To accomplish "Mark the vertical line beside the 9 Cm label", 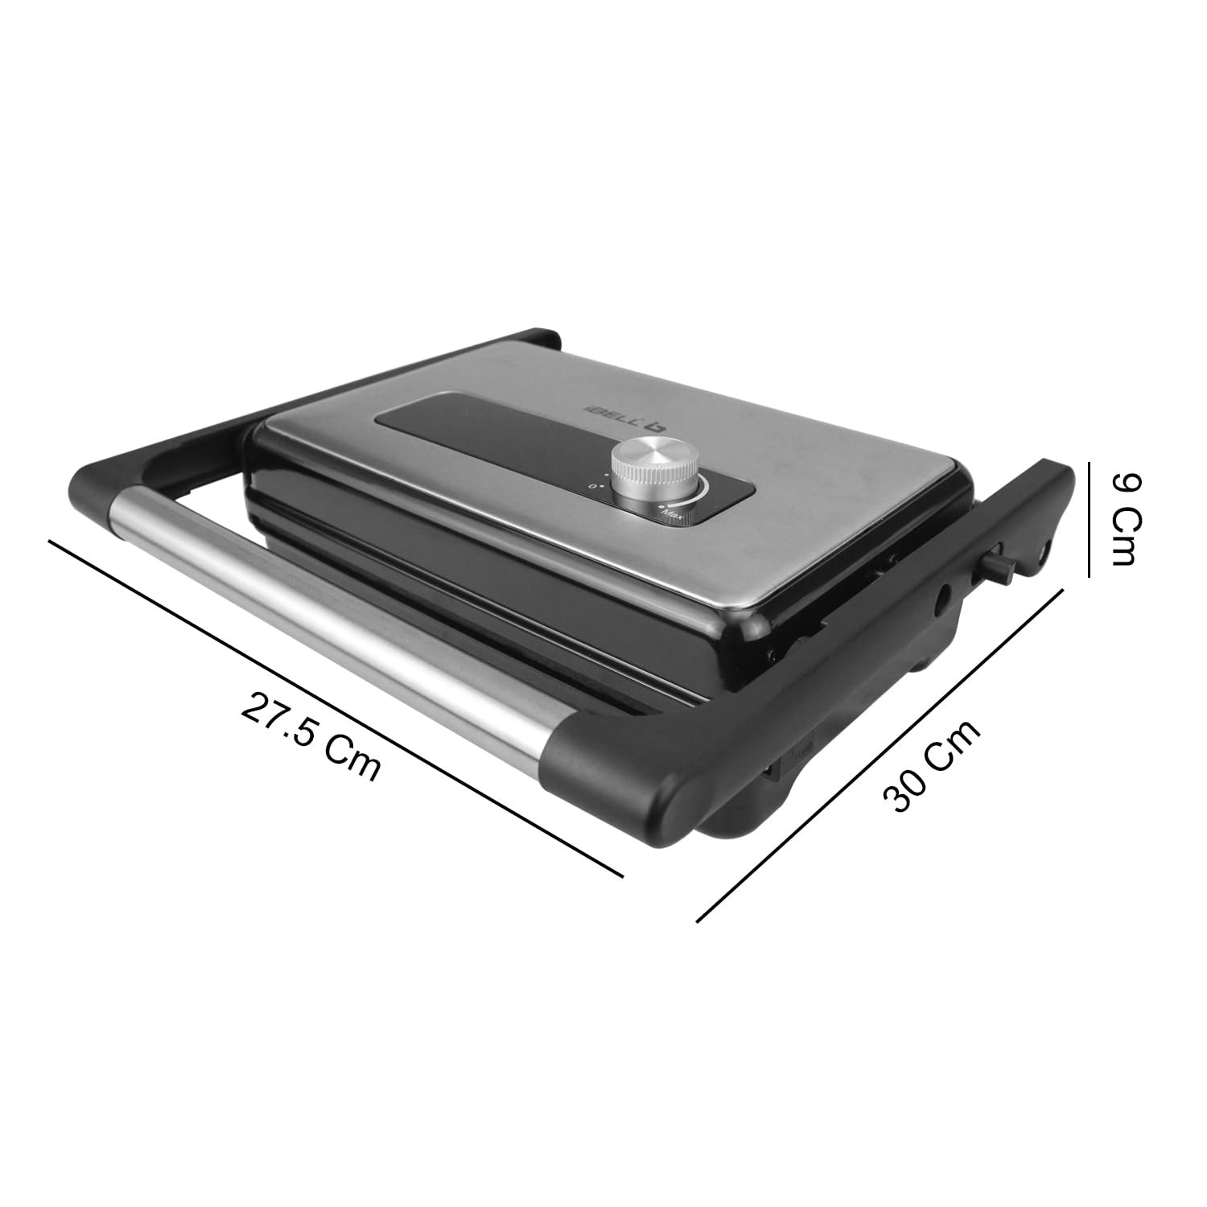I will [x=1088, y=519].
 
